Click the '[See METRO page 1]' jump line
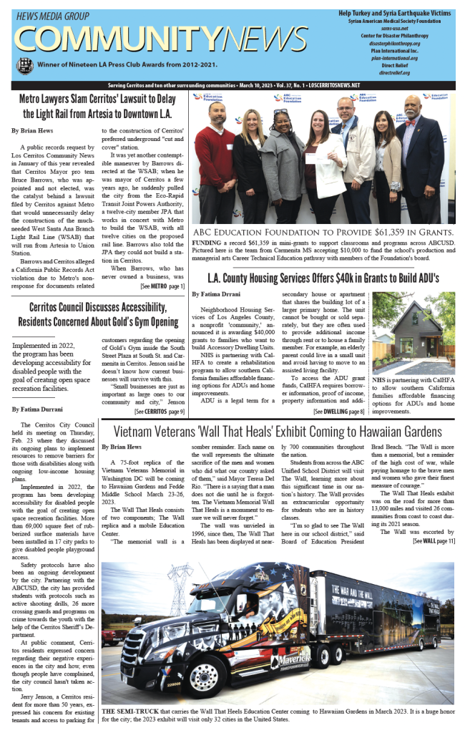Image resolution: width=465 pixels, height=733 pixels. pos(162,286)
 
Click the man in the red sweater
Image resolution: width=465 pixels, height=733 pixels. pos(215,161)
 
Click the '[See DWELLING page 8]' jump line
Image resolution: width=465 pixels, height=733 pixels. pos(338,412)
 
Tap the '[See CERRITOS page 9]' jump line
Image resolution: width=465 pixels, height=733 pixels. pos(159,412)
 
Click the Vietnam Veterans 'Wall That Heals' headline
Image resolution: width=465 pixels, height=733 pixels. pos(278,432)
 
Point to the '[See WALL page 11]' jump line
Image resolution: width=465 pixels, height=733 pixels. pos(434,540)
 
